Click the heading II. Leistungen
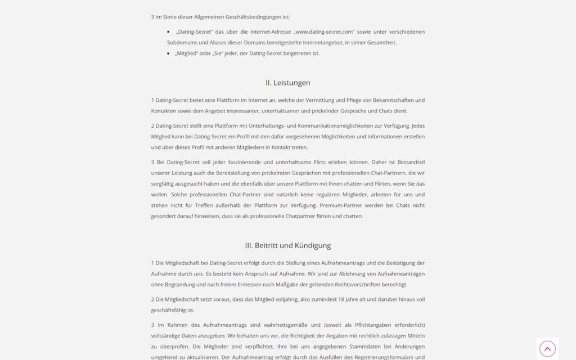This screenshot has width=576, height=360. pos(287,83)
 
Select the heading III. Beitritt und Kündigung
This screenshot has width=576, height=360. pos(287,245)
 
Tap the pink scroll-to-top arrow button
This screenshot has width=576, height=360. pos(547,349)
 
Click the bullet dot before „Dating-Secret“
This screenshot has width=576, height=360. pos(169,32)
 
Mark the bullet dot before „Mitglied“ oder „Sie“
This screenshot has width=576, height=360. pos(169,53)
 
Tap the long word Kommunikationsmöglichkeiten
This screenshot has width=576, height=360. pos(327,126)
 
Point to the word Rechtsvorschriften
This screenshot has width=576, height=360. pos(358,285)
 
